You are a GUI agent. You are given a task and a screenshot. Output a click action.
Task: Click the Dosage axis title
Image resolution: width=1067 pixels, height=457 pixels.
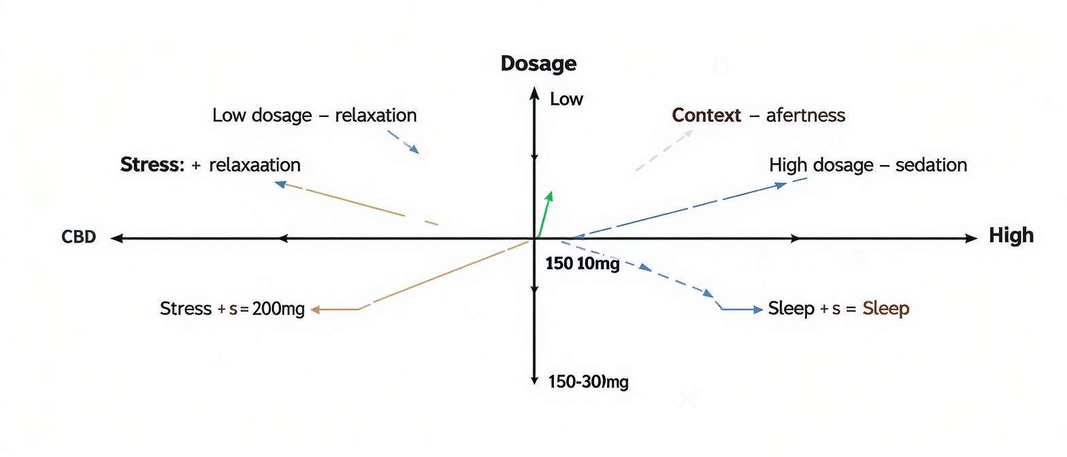pyautogui.click(x=538, y=63)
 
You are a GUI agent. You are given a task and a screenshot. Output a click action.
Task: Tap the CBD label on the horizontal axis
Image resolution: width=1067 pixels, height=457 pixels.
pyautogui.click(x=79, y=237)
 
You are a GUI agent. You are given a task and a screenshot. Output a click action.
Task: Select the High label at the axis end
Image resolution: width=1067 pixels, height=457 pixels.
pyautogui.click(x=1011, y=235)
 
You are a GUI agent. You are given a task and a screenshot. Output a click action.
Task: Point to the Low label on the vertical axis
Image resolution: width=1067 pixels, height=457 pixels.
pyautogui.click(x=566, y=99)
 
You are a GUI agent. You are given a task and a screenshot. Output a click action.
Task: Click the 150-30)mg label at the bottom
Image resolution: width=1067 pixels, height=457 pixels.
pyautogui.click(x=588, y=382)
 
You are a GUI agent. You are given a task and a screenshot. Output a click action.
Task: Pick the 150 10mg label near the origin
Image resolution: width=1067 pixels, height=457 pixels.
pyautogui.click(x=582, y=264)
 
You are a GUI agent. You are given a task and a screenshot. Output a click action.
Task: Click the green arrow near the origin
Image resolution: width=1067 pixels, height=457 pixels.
pyautogui.click(x=544, y=214)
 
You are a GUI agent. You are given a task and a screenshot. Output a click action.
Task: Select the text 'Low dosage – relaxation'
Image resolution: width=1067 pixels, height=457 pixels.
pyautogui.click(x=314, y=115)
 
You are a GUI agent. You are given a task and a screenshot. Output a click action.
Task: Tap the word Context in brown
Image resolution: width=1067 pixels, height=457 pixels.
pyautogui.click(x=706, y=115)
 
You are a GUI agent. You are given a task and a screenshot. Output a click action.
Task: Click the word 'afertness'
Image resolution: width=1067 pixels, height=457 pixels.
pyautogui.click(x=806, y=116)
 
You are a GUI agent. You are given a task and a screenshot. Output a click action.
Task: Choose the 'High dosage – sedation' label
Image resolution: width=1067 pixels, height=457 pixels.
pyautogui.click(x=868, y=165)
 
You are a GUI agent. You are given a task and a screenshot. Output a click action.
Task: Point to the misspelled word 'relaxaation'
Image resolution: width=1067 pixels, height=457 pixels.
pyautogui.click(x=255, y=165)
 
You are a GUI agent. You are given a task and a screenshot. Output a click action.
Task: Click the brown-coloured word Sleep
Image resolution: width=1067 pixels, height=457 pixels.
pyautogui.click(x=886, y=309)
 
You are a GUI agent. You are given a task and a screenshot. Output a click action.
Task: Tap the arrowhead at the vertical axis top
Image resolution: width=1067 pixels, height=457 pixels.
pyautogui.click(x=534, y=93)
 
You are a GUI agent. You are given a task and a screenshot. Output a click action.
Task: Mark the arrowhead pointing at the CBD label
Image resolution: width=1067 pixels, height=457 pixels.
pyautogui.click(x=116, y=238)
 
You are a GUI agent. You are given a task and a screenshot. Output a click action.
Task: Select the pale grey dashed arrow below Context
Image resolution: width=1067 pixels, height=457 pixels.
pyautogui.click(x=663, y=150)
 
